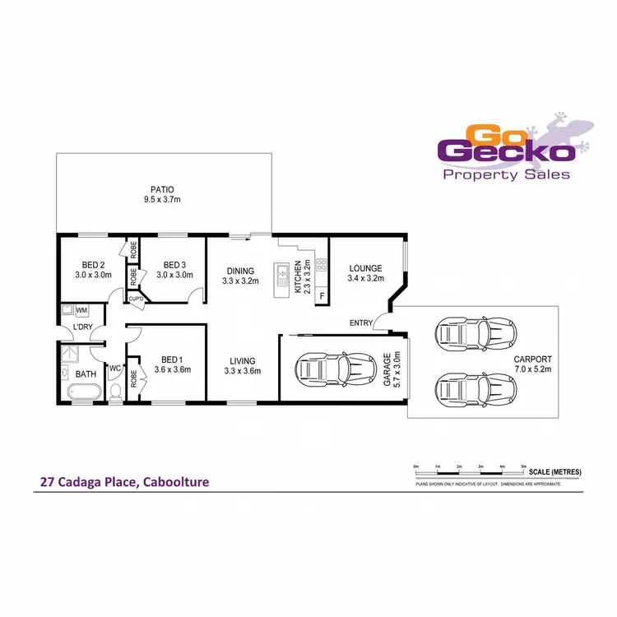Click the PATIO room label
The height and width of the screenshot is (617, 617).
(x=161, y=190)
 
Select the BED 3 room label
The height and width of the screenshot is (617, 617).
(x=174, y=265)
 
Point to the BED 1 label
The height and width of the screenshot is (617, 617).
(x=172, y=360)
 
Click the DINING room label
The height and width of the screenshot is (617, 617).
(x=241, y=270)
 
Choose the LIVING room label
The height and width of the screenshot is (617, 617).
(x=242, y=360)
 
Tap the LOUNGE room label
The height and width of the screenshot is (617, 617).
(x=364, y=268)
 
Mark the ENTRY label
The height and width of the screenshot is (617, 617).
(x=360, y=322)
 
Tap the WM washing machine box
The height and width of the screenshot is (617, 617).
(x=81, y=311)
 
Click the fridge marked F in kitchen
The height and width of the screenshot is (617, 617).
(x=322, y=295)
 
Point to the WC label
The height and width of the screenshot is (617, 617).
(x=114, y=368)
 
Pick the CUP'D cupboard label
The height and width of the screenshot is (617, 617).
(x=136, y=299)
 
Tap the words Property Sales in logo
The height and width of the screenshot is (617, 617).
(x=506, y=174)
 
